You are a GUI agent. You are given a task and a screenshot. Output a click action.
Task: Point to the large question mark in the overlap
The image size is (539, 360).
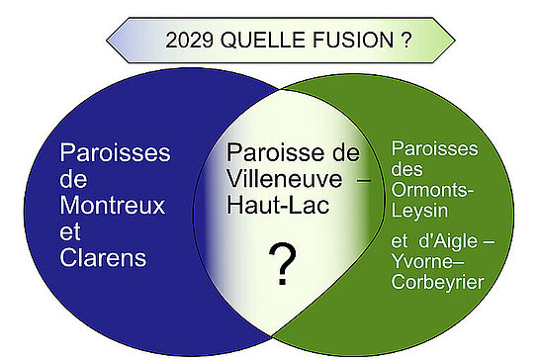[284, 264]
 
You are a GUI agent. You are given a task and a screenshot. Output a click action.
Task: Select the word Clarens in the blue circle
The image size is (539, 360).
[103, 258]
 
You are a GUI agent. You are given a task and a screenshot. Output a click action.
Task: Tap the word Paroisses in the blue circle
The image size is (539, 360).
[115, 153]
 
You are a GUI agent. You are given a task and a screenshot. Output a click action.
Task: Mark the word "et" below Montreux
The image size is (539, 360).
[70, 232]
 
